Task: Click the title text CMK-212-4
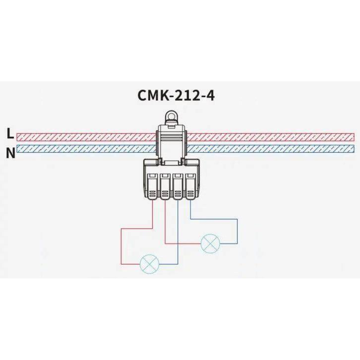click(176, 95)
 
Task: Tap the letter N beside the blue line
click(11, 153)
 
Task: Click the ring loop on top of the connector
click(171, 115)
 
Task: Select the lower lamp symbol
click(149, 264)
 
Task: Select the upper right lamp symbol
click(210, 243)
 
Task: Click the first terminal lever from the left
click(152, 186)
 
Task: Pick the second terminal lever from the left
click(165, 186)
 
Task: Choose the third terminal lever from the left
click(178, 186)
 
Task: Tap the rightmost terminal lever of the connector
click(190, 186)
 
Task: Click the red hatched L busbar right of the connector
click(270, 137)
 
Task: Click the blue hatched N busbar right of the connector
click(270, 149)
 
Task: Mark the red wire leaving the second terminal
click(165, 222)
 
